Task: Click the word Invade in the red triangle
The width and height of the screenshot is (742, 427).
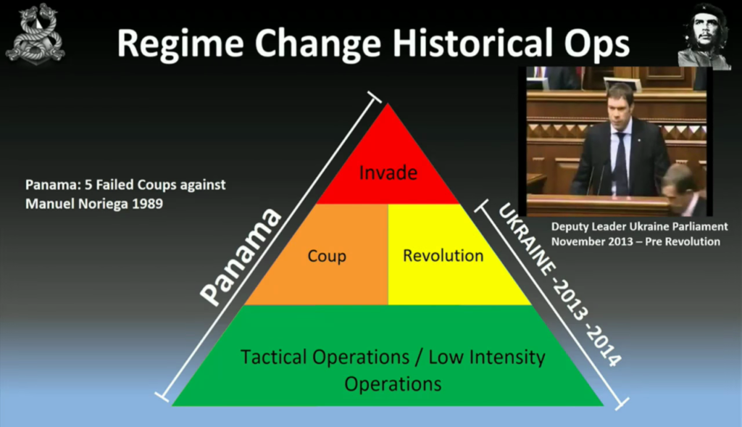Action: point(388,173)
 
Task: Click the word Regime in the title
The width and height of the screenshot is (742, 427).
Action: point(180,43)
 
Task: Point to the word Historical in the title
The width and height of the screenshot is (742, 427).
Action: point(471,43)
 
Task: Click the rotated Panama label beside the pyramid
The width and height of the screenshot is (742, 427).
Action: point(241,257)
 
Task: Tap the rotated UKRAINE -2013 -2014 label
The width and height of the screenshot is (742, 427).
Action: point(560,285)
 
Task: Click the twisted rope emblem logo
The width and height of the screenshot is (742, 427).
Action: point(36,34)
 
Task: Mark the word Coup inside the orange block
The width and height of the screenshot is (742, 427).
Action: point(327,256)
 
